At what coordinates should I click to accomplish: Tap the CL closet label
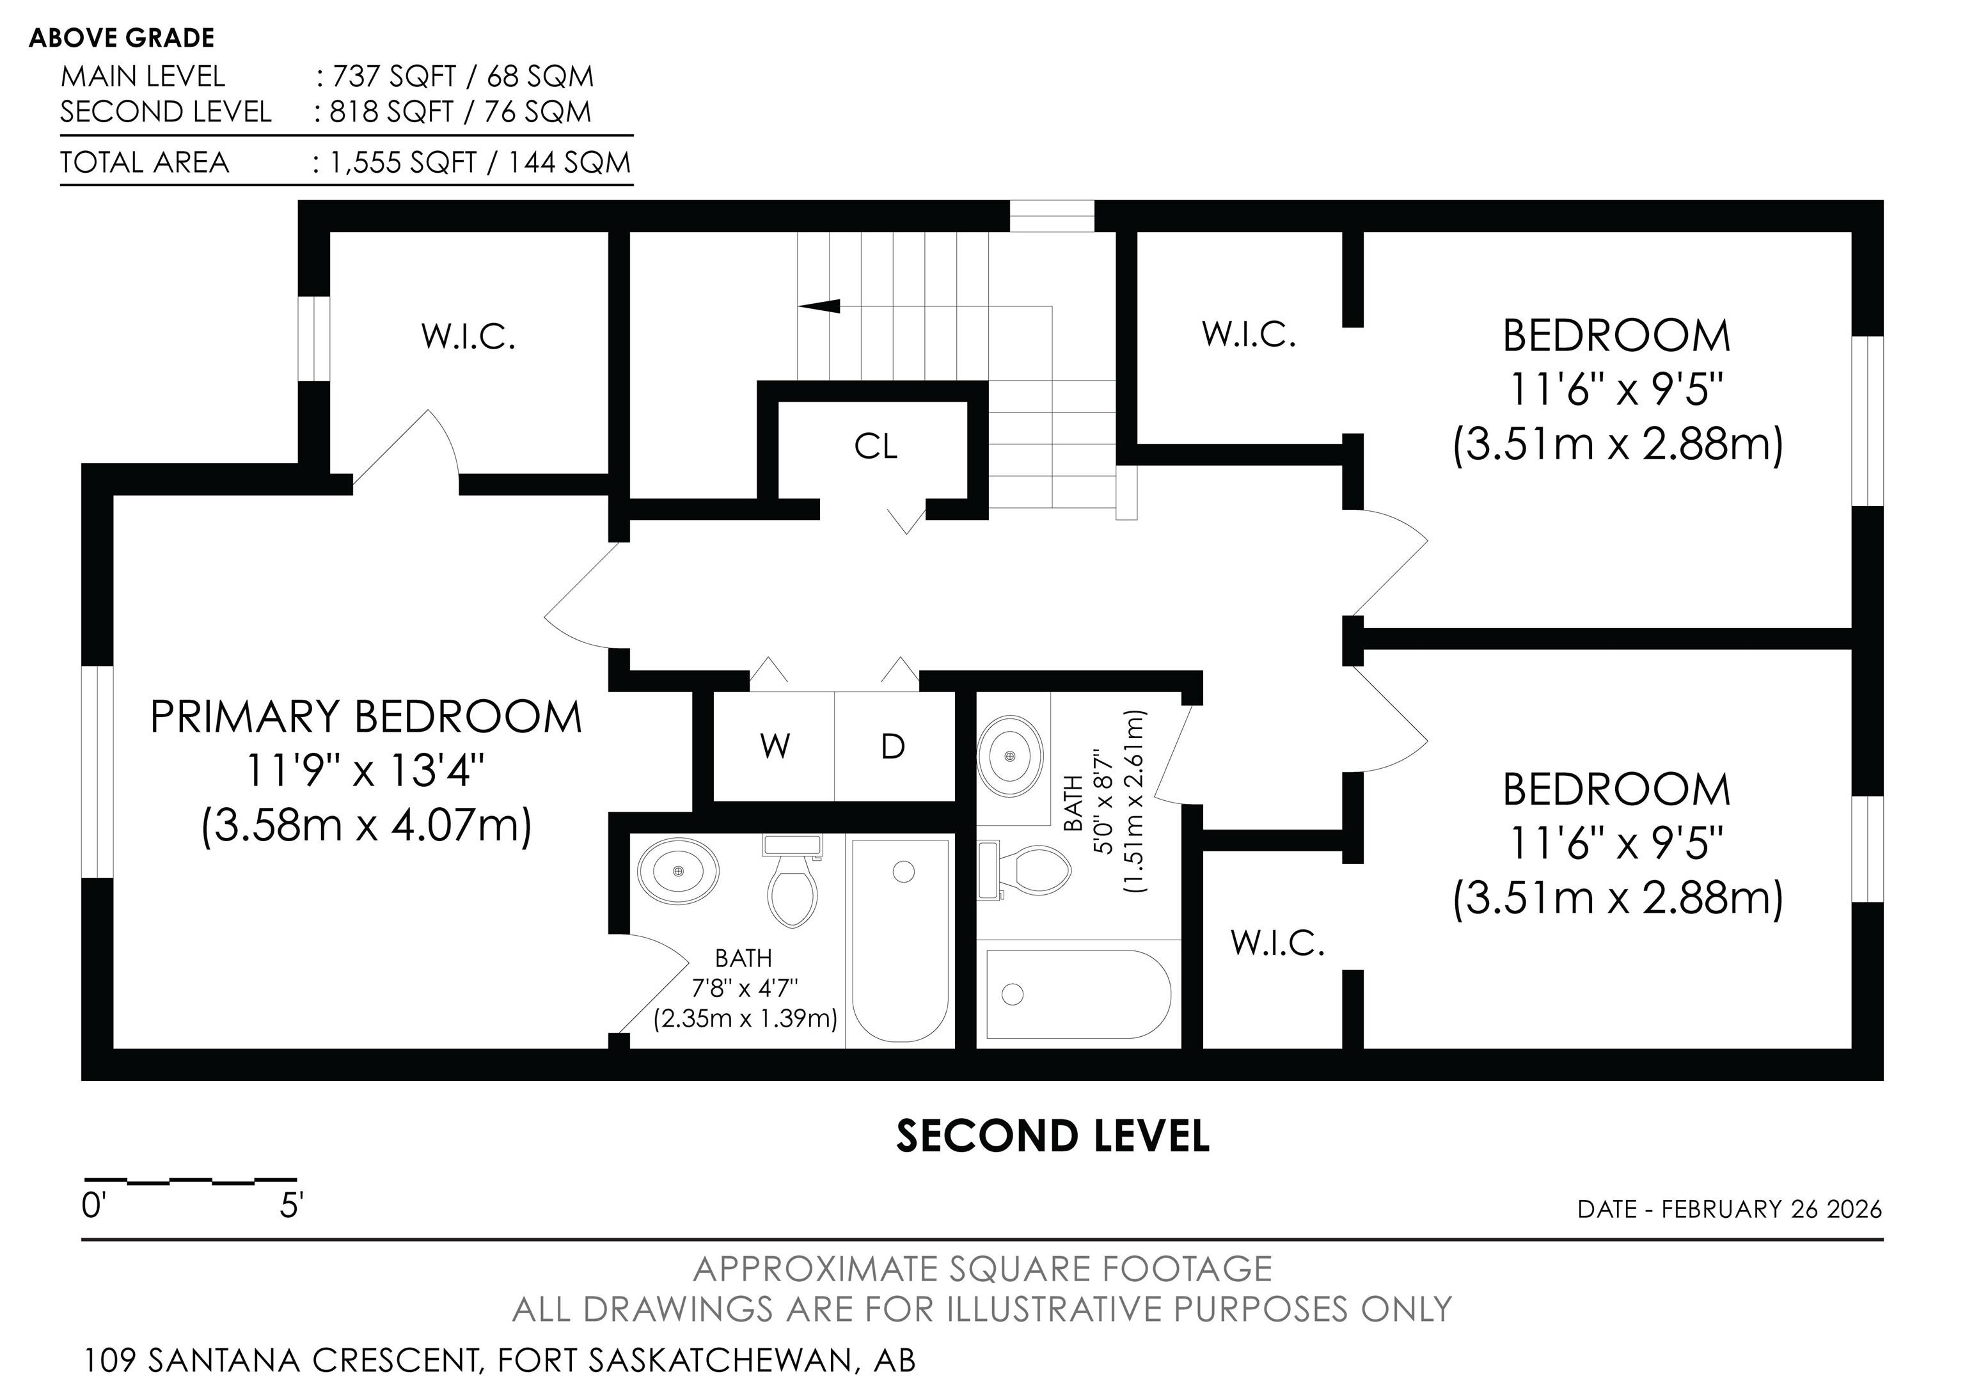tap(876, 446)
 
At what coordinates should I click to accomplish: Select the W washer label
tap(775, 747)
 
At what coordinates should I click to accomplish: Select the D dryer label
tap(893, 747)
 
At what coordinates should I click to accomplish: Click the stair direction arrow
tap(818, 306)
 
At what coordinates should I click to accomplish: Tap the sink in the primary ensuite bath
tap(679, 871)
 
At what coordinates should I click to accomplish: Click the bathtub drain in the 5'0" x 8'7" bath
tap(1013, 993)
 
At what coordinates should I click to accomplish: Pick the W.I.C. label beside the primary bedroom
tap(468, 337)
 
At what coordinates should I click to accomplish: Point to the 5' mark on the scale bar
tap(291, 1206)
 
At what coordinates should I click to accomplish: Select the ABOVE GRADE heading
tap(122, 38)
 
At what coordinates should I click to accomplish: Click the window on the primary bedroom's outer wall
tap(98, 773)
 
